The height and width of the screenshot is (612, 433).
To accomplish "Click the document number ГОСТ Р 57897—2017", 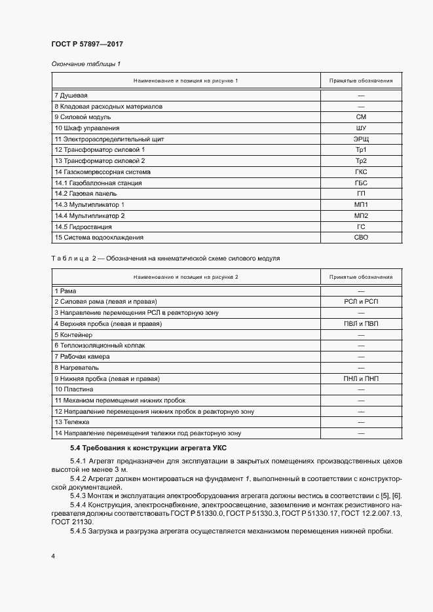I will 87,44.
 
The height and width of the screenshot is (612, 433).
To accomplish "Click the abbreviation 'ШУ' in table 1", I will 361,128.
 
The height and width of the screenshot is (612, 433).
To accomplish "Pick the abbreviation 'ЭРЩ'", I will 361,139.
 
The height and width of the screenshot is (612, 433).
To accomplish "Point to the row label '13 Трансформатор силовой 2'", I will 100,161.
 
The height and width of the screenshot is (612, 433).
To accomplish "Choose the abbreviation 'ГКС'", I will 361,172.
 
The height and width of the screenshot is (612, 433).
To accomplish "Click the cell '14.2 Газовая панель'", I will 86,194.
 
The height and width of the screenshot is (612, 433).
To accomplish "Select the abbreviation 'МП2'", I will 361,216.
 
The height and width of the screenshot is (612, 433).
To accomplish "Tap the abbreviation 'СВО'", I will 361,238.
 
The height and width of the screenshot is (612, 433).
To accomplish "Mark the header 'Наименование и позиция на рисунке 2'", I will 185,277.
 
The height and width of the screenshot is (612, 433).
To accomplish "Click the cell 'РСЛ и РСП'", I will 361,301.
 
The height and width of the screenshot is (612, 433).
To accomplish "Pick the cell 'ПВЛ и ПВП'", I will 361,323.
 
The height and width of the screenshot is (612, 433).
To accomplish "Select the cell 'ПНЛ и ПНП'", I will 361,378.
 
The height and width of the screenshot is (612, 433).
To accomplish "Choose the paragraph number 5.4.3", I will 81,495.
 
